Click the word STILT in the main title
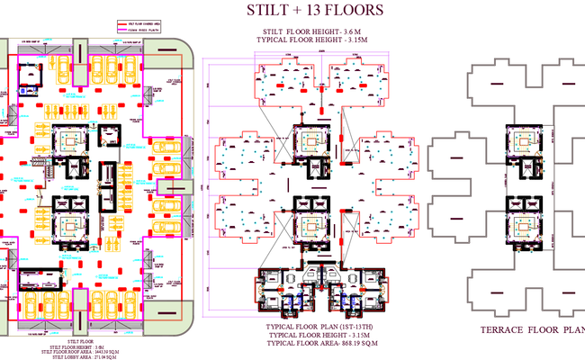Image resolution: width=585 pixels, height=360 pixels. pos(267,12)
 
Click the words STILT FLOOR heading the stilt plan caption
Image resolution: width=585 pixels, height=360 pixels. pos(80,342)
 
